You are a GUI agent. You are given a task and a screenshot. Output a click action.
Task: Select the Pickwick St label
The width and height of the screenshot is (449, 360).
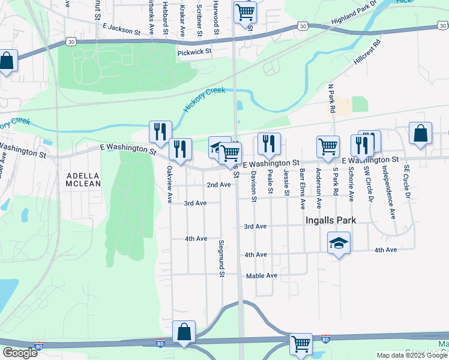point(195,52)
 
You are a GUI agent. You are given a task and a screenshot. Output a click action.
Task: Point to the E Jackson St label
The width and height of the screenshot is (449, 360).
point(125,27)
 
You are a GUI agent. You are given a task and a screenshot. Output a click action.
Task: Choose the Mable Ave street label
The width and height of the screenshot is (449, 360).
point(262,275)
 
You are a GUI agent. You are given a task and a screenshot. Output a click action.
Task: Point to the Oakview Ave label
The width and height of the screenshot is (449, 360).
point(170,184)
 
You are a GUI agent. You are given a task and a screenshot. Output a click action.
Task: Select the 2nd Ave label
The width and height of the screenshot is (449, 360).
point(218,185)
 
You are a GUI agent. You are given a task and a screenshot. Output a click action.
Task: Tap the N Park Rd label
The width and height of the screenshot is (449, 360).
point(331,98)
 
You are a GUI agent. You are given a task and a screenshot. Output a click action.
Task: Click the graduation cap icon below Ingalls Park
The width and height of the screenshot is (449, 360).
point(339,243)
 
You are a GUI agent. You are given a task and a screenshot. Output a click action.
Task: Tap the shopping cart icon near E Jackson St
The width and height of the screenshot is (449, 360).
point(245,11)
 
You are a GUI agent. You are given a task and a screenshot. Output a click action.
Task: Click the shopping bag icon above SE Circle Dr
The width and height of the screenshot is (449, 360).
point(421,133)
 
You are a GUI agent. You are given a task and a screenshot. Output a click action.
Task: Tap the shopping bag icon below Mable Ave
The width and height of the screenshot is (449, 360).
point(184,331)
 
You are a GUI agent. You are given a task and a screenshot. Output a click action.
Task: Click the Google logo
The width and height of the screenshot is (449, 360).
point(19,353)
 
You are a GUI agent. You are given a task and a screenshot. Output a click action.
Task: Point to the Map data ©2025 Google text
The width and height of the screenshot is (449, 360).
point(412,355)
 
